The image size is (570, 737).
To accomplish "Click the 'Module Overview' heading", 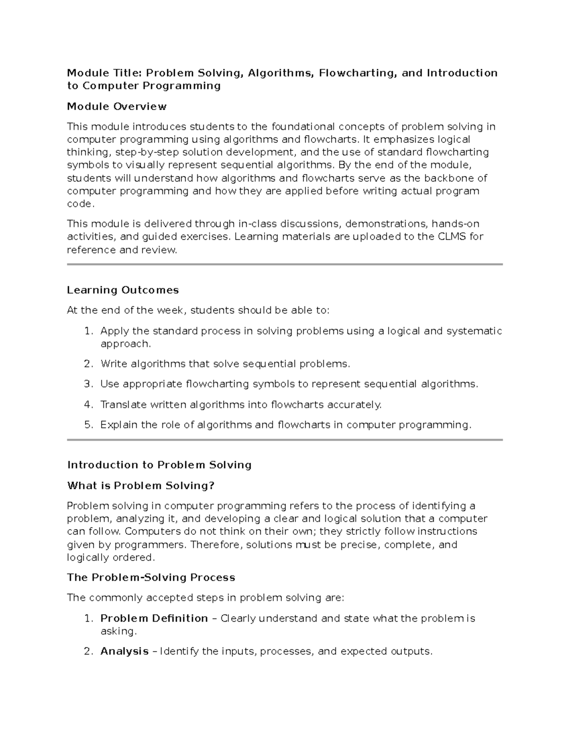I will point(116,106).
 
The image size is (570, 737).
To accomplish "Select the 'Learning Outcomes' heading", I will point(123,290).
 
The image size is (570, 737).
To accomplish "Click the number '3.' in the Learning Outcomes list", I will point(89,384).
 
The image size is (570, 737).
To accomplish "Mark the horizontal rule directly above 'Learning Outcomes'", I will point(285,264).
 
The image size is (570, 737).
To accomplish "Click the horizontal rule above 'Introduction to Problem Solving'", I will point(285,440).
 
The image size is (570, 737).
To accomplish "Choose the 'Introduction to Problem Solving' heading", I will point(159,465).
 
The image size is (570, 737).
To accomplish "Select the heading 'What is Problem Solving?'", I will point(141,485).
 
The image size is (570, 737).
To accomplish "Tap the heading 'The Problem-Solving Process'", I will point(151,578).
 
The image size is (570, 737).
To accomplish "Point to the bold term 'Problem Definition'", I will point(154,618).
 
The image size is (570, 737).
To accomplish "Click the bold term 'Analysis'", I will point(124,652).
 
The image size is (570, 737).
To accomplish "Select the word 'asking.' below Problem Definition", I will point(118,632).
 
